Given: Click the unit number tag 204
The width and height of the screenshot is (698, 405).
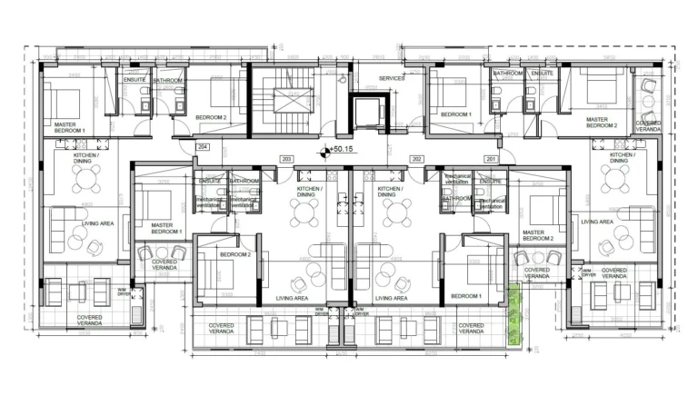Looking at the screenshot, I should [x=202, y=146].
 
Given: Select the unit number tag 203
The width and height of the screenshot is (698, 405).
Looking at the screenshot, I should [x=286, y=159].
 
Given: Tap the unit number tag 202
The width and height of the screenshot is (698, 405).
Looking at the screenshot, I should [x=416, y=159].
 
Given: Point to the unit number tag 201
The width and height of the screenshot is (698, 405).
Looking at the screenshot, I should [x=491, y=159].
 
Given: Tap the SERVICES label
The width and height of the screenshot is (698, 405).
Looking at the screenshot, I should [x=392, y=79].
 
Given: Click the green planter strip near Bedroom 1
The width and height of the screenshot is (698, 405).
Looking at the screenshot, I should [x=517, y=314].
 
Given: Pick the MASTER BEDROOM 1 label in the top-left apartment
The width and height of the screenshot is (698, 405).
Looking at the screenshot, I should [x=69, y=128].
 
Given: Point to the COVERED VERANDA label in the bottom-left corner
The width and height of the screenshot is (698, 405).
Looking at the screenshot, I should [x=88, y=320].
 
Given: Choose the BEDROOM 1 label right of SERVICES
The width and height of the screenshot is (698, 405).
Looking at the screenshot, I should [x=456, y=114].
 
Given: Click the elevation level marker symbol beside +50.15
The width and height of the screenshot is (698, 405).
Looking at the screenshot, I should [x=324, y=152].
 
